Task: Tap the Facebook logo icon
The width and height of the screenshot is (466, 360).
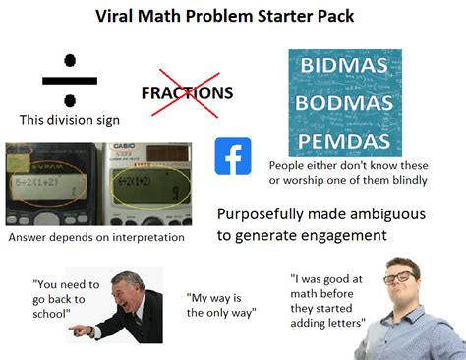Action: pos(233,155)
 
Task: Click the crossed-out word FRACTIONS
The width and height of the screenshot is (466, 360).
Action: pos(187,92)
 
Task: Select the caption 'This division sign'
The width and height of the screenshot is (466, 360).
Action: pos(70,120)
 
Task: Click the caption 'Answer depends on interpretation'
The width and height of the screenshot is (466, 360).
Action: pos(95,237)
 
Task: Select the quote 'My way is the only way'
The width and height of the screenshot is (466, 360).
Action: pos(220,304)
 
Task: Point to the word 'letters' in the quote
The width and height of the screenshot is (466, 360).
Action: pos(338,322)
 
